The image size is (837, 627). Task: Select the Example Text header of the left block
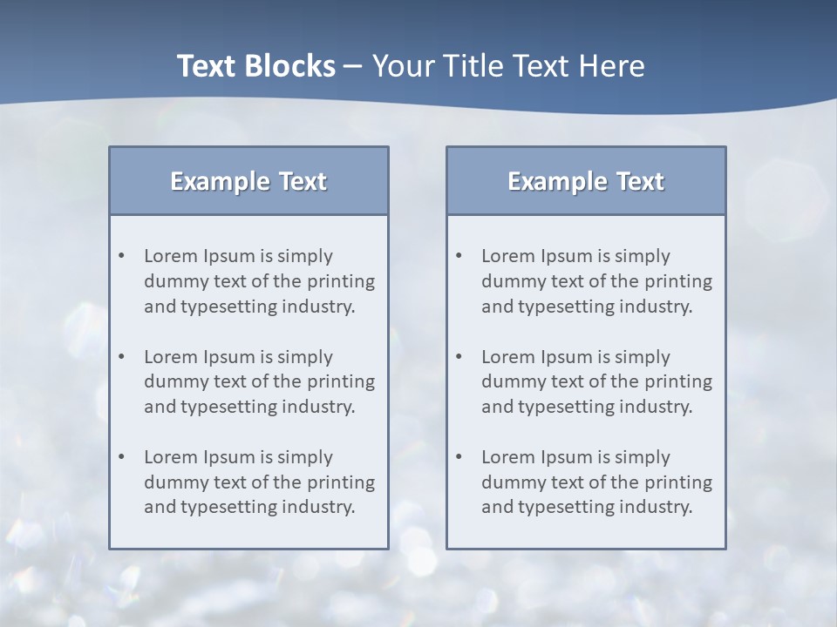248,181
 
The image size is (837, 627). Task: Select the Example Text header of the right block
586,181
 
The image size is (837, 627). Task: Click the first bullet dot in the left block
122,256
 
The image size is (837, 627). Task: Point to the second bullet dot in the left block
122,357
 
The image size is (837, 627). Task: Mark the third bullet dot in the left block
122,457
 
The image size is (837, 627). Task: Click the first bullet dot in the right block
459,256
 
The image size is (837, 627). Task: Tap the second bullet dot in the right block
459,357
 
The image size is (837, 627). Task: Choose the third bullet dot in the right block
459,457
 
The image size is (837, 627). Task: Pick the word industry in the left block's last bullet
319,507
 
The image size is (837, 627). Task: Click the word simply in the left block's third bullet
305,457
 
